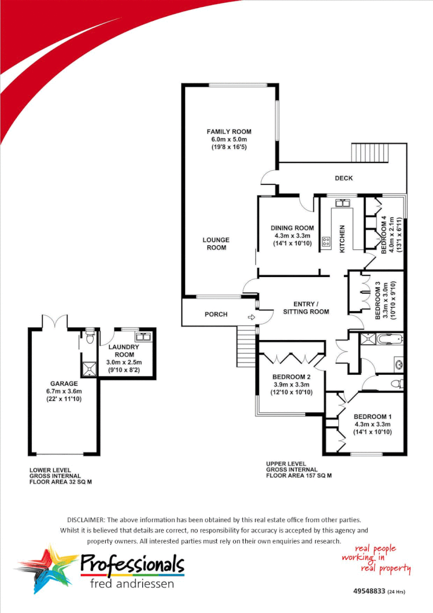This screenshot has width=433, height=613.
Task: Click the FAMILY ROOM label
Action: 229,132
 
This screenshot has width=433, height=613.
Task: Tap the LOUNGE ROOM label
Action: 216,243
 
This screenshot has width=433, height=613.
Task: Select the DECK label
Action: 344,178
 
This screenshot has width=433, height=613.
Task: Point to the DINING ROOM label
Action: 293,228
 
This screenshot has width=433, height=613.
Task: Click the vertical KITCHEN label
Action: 342,238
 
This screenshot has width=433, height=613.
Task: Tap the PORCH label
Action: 216,315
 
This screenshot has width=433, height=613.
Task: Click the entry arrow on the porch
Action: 251,317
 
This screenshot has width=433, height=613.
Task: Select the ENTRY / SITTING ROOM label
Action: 306,308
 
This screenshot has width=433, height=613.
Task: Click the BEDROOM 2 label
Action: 292,377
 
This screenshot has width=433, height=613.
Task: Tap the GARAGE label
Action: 63,383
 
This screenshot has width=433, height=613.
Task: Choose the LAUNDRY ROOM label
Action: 124,350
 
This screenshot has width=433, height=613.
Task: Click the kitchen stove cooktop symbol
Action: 326,242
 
